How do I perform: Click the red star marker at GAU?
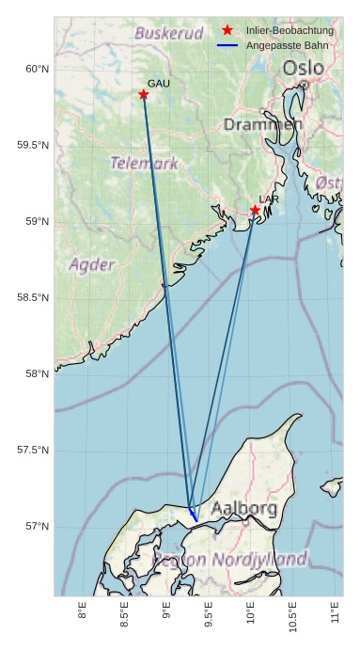(144, 94)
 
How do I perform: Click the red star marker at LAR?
(255, 210)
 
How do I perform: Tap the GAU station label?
(159, 84)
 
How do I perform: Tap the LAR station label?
(269, 199)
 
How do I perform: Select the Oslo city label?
(303, 69)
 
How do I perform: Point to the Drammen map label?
(262, 125)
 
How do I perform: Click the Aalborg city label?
(243, 509)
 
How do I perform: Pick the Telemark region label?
(144, 163)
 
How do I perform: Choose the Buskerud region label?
(168, 33)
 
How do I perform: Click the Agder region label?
(92, 264)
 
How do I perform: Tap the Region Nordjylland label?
(229, 559)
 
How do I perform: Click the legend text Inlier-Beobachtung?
(290, 30)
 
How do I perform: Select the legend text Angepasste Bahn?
(288, 45)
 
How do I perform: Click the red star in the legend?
(227, 30)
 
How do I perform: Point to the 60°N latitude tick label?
(35, 69)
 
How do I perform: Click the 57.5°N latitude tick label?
(32, 451)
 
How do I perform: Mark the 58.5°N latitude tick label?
(32, 298)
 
